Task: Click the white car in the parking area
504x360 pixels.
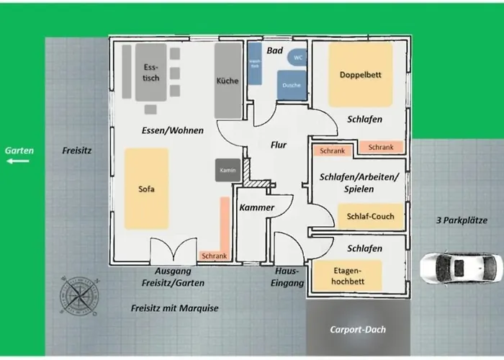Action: pyautogui.click(x=462, y=267)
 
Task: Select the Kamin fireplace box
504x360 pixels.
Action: pyautogui.click(x=228, y=170)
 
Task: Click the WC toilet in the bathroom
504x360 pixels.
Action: pyautogui.click(x=297, y=56)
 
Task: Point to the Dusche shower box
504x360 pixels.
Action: pyautogui.click(x=291, y=84)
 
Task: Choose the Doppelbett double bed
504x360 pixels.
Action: pyautogui.click(x=361, y=74)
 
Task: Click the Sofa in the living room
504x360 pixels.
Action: pyautogui.click(x=146, y=189)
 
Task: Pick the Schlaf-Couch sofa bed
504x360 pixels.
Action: pyautogui.click(x=370, y=216)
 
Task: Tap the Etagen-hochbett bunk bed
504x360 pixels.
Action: pyautogui.click(x=346, y=276)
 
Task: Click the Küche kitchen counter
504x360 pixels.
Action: pyautogui.click(x=228, y=81)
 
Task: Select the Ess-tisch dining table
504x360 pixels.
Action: pyautogui.click(x=151, y=72)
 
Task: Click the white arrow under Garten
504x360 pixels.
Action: pyautogui.click(x=19, y=161)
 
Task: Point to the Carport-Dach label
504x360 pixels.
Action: pyautogui.click(x=359, y=329)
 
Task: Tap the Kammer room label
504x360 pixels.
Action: pyautogui.click(x=256, y=207)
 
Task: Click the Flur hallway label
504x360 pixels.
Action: pyautogui.click(x=278, y=145)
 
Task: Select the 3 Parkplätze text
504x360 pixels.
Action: pyautogui.click(x=458, y=220)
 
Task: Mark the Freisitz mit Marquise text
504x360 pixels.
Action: pyautogui.click(x=174, y=308)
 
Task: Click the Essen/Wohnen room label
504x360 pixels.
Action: pyautogui.click(x=173, y=130)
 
